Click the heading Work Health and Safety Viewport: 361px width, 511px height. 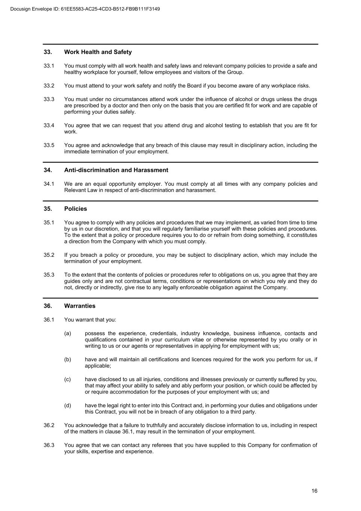click(98, 52)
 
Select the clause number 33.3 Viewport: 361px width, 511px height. click(49, 99)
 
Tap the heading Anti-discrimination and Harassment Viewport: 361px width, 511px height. click(116, 170)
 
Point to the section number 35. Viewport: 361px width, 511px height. click(48, 209)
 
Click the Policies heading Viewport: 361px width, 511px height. click(76, 209)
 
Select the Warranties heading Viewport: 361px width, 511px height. click(80, 306)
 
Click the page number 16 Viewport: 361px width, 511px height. click(314, 491)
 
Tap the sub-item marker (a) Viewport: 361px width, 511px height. click(67, 333)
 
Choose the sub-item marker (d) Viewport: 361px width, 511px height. click(67, 405)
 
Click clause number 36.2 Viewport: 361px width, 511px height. click(49, 425)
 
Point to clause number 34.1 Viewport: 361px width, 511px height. click(49, 184)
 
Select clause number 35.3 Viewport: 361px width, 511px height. click(49, 275)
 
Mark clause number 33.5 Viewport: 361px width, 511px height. click(49, 145)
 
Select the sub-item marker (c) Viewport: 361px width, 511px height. click(67, 379)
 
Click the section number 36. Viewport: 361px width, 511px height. click(48, 306)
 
